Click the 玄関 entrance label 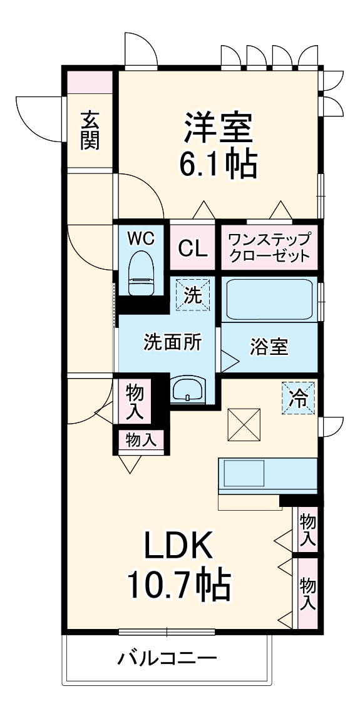click(x=90, y=130)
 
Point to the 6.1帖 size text click(x=217, y=164)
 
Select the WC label click(x=141, y=238)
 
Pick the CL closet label click(x=192, y=248)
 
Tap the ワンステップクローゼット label click(x=269, y=247)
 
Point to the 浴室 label click(x=270, y=348)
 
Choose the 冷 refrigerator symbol click(x=299, y=398)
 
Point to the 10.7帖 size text click(x=180, y=585)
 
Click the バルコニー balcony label click(x=168, y=658)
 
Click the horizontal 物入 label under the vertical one click(x=140, y=439)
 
